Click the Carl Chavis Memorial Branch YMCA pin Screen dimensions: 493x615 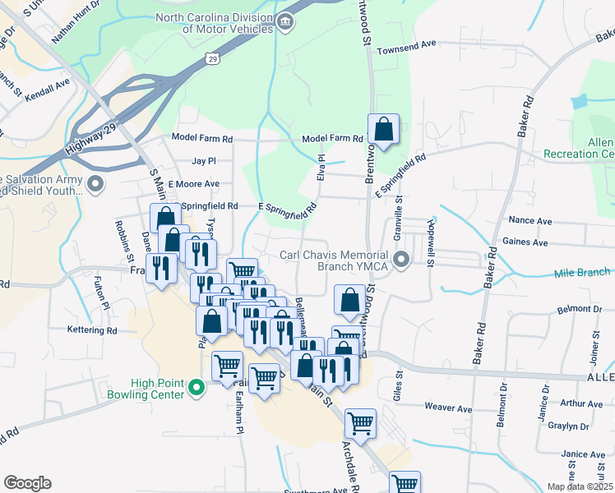(401, 260)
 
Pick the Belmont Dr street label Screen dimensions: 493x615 (557, 310)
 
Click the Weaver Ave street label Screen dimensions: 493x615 (449, 408)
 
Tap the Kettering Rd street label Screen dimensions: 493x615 (92, 330)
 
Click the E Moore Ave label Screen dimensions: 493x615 (193, 184)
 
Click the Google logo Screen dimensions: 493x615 (27, 482)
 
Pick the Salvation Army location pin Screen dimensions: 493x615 (97, 184)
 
